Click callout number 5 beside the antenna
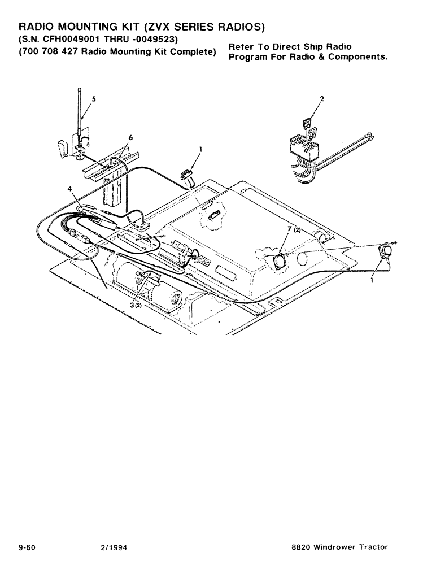click(94, 99)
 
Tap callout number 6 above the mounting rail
click(130, 137)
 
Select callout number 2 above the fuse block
click(321, 99)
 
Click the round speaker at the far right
click(385, 251)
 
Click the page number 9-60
click(28, 547)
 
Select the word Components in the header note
click(359, 58)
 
